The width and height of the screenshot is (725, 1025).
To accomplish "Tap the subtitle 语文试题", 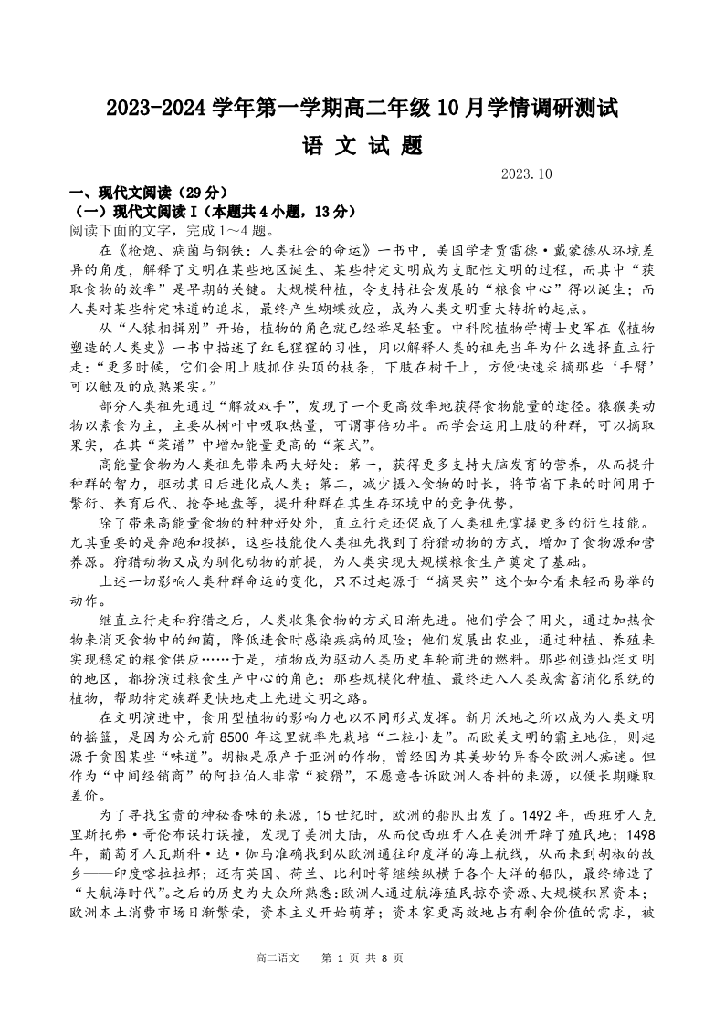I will click(x=362, y=146).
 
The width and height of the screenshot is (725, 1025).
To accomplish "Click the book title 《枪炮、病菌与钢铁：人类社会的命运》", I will click(x=236, y=249).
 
